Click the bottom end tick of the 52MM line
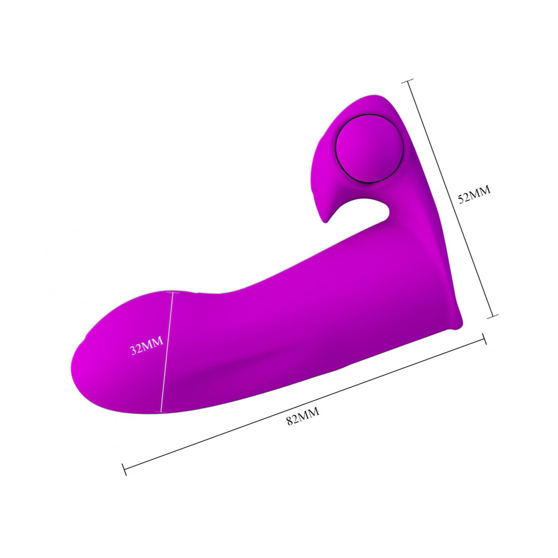pos(493,316)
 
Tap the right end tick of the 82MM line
pos(485,339)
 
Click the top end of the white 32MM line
pos(174,292)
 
